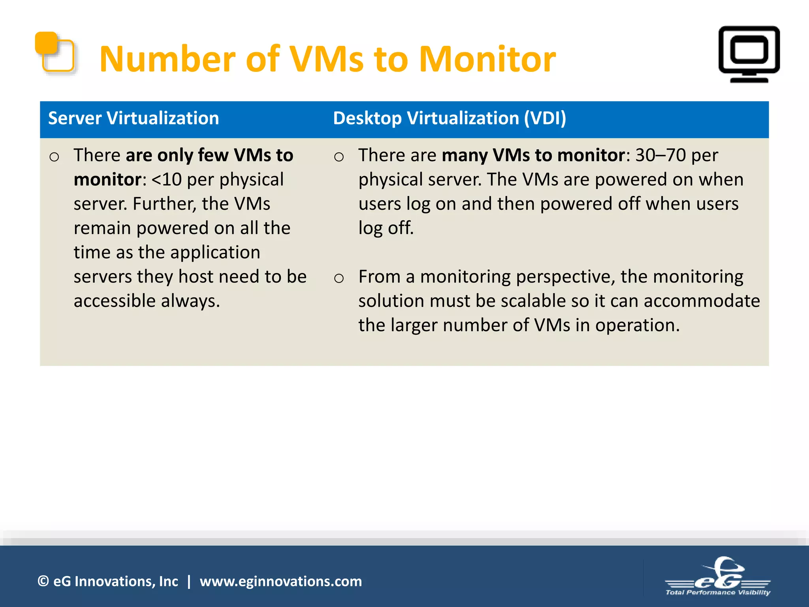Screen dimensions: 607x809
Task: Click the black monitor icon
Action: pos(749,54)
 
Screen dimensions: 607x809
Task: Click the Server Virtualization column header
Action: pos(134,118)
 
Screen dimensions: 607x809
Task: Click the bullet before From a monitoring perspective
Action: pos(339,278)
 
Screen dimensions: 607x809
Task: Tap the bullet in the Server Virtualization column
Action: pos(54,157)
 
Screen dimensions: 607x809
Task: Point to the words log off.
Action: pos(386,228)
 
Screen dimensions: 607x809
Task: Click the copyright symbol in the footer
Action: pos(43,581)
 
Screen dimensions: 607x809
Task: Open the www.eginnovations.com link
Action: pos(280,581)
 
